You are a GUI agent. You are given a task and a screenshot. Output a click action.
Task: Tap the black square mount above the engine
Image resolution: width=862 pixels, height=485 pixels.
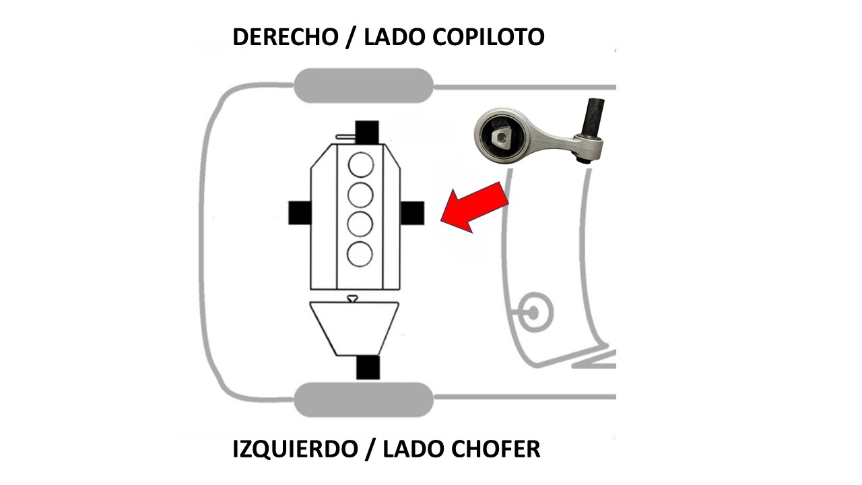[x=367, y=131]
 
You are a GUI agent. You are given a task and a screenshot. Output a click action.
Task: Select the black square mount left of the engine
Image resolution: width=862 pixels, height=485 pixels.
[x=299, y=212]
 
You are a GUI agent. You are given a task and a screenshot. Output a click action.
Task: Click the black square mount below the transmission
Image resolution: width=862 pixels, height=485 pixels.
[x=368, y=367]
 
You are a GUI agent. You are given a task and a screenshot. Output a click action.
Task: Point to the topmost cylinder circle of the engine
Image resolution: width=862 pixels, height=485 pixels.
[x=361, y=164]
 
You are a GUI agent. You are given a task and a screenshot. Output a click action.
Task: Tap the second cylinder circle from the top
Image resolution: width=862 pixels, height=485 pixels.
[x=361, y=195]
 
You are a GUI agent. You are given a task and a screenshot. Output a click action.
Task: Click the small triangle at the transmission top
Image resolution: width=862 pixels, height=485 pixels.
[x=351, y=298]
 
